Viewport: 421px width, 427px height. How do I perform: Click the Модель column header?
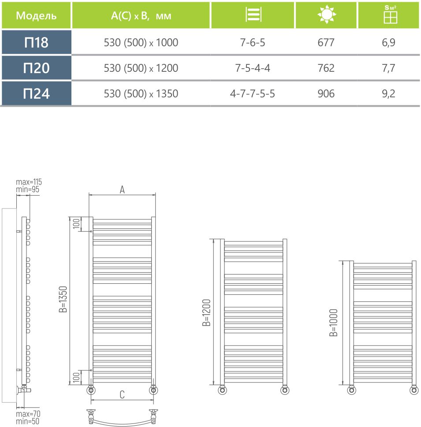point(36,16)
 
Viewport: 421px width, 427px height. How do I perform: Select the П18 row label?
point(36,43)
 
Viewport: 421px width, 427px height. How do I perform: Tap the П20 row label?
point(36,68)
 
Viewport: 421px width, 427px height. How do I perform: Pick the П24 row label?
point(36,93)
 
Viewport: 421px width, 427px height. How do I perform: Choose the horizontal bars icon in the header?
point(253,15)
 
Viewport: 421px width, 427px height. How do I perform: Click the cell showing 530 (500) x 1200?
point(141,68)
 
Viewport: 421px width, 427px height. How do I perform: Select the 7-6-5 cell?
point(253,43)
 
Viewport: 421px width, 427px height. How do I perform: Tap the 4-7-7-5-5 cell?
point(253,94)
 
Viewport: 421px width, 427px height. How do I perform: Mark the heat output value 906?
point(326,94)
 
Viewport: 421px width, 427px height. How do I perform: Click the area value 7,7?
point(390,68)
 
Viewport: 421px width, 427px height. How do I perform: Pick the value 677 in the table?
point(326,43)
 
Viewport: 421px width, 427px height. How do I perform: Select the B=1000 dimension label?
point(334,323)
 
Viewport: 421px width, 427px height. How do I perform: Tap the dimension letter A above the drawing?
point(123,189)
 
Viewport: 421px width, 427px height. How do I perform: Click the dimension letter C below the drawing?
point(122,395)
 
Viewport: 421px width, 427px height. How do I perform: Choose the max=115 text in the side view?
point(29,182)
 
